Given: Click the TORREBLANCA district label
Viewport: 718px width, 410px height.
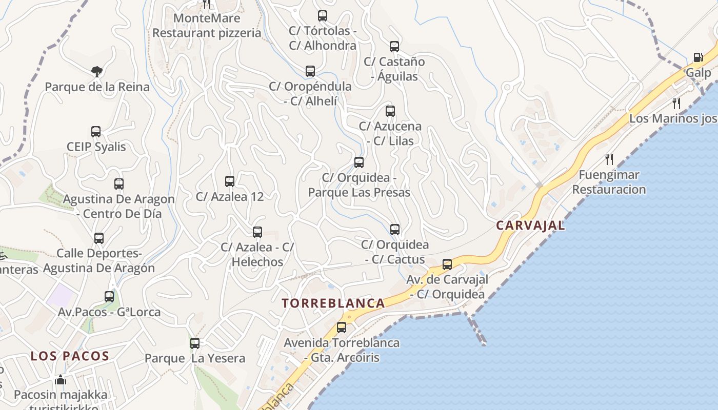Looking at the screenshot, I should click(x=333, y=303).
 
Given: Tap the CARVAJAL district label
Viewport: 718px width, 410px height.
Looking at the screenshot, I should click(x=530, y=225).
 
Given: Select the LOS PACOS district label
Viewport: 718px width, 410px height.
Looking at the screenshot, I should click(x=70, y=356).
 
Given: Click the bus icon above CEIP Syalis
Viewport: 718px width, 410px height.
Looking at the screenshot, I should click(x=96, y=132).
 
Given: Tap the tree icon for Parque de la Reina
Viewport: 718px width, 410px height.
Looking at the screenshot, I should click(x=96, y=71).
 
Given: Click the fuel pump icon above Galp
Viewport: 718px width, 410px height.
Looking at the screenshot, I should click(x=698, y=57).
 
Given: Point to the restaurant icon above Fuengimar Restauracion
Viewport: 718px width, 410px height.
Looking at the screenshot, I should click(x=609, y=159).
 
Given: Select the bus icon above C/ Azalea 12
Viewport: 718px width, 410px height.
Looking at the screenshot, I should click(x=230, y=181).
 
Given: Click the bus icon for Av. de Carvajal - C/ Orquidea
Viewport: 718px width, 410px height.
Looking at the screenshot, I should click(x=447, y=264).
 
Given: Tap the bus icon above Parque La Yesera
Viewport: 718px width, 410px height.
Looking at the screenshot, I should click(x=195, y=343).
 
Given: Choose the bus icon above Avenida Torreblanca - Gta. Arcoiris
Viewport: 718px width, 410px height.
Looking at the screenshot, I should click(x=342, y=327).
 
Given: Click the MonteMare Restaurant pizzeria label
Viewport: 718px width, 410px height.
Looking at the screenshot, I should click(x=207, y=26).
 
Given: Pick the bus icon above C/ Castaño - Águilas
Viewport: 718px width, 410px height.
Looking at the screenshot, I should click(x=394, y=47).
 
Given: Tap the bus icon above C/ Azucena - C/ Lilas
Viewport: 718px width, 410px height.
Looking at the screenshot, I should click(x=390, y=111).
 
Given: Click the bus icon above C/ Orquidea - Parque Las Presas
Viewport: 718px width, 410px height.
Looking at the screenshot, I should click(x=359, y=162).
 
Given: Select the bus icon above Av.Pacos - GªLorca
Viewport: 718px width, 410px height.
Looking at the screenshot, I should click(x=109, y=297).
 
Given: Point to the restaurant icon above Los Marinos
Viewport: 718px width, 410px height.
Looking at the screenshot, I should click(x=676, y=103).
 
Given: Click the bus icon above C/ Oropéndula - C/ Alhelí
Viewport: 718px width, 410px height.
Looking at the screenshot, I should click(x=310, y=71).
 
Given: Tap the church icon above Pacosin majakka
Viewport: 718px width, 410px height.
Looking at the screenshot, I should click(x=61, y=380).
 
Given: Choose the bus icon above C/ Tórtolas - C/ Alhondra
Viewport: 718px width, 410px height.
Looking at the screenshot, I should click(x=323, y=16).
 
